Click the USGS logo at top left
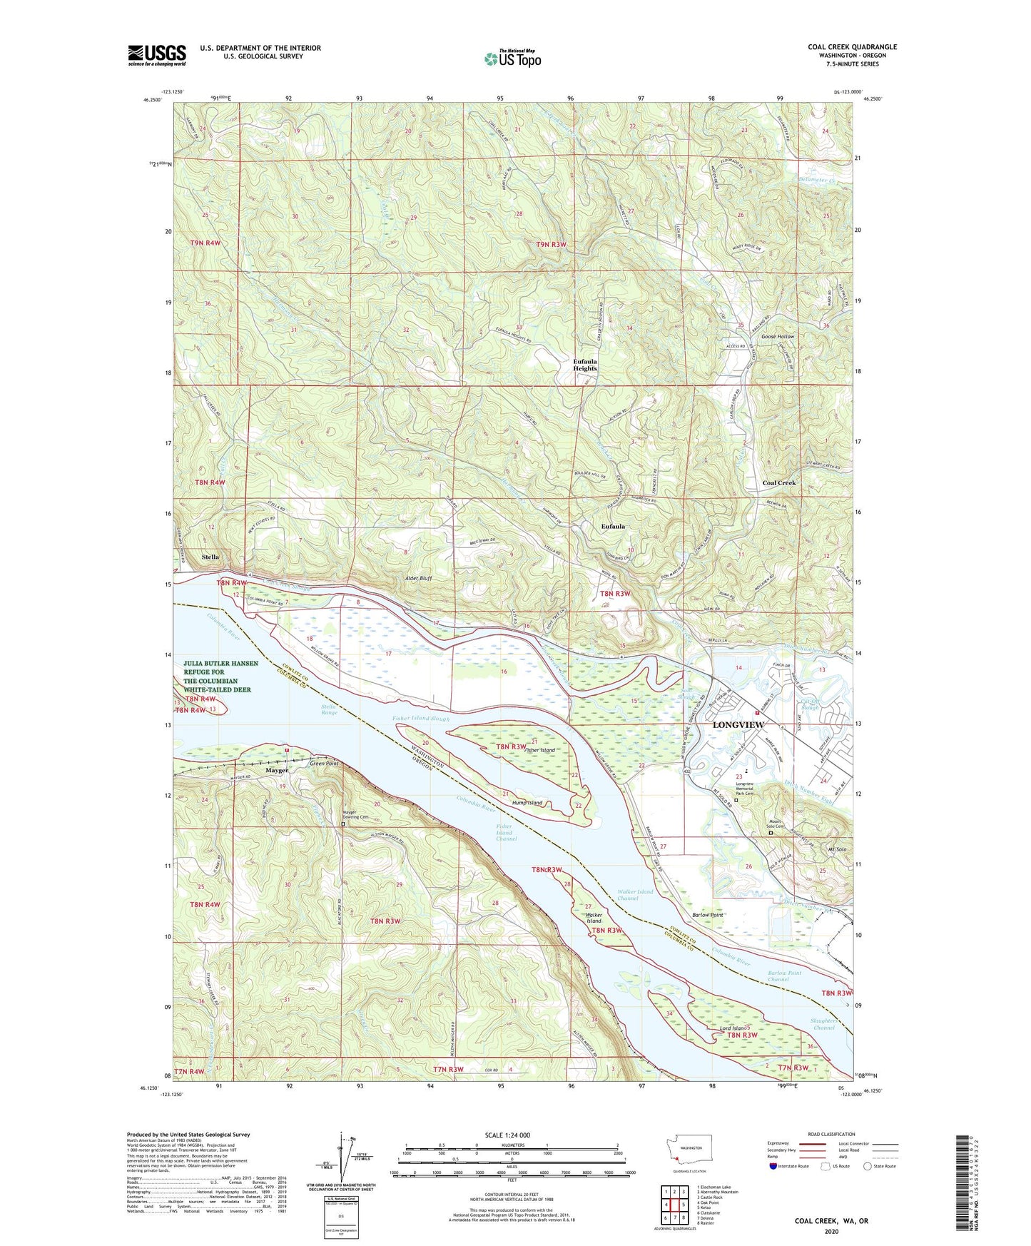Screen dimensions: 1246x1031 [x=157, y=55]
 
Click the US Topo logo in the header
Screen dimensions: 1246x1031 [x=512, y=59]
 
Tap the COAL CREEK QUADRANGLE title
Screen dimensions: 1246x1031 [x=852, y=47]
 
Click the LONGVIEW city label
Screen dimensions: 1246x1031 [x=738, y=725]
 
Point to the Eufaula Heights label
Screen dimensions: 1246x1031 [x=585, y=365]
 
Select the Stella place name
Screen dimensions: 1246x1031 [x=210, y=557]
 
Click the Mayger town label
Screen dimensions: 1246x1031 [x=277, y=770]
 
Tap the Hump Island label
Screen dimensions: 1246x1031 [x=527, y=803]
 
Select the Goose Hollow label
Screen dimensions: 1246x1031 [x=777, y=336]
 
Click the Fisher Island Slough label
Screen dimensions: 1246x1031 [x=421, y=719]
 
